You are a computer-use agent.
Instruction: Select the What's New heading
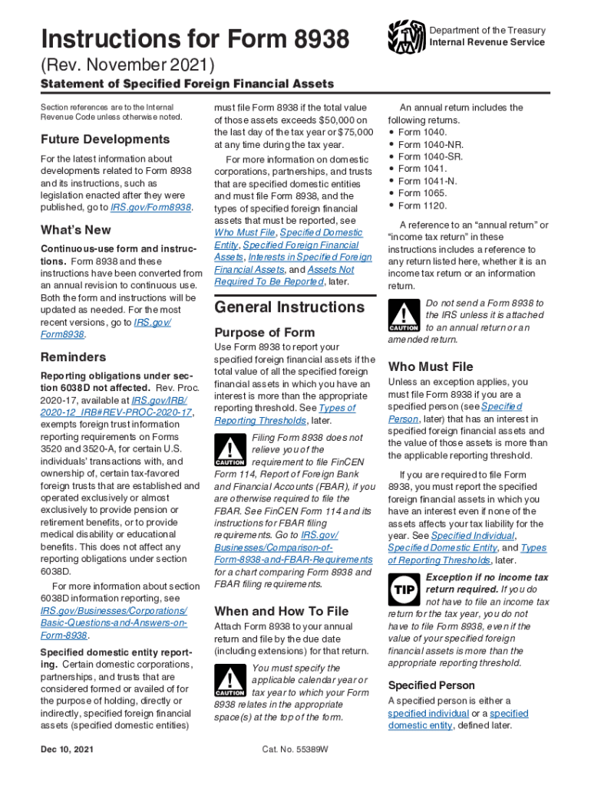[x=75, y=230]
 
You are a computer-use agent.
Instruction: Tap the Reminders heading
[x=73, y=357]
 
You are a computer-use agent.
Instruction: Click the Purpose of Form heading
[x=264, y=332]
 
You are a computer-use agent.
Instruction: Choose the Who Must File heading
[x=431, y=366]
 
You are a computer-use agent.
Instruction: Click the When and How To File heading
[x=281, y=611]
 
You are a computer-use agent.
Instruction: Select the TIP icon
[x=404, y=590]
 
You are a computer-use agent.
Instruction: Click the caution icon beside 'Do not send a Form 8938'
[x=404, y=314]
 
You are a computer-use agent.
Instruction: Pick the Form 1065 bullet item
[x=422, y=193]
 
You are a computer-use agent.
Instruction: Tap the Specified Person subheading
[x=431, y=685]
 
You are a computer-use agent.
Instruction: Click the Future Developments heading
[x=104, y=140]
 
